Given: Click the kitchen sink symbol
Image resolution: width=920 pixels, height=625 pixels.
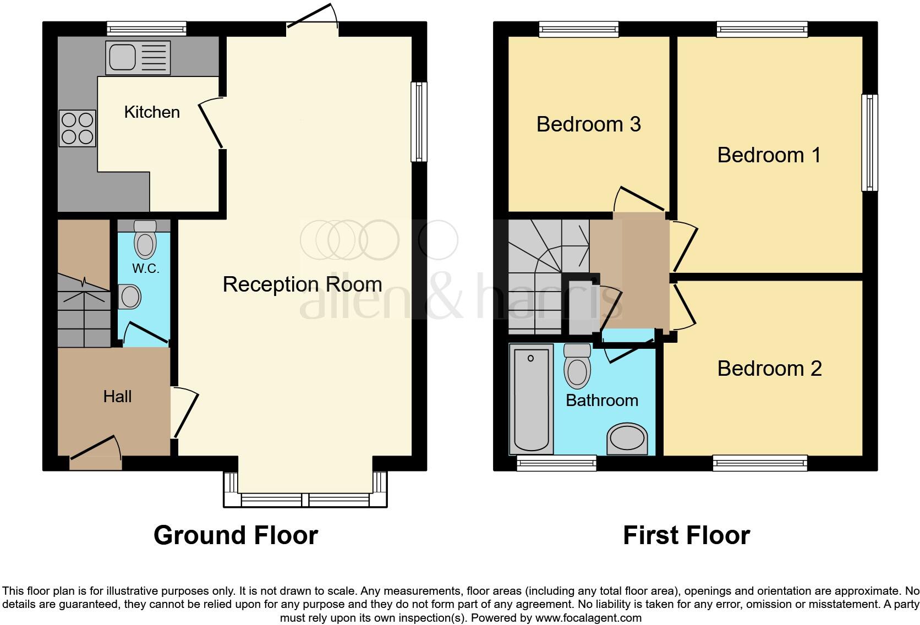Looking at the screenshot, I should click(x=139, y=58).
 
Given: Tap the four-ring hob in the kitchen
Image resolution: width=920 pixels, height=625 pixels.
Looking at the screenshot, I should click(x=78, y=128).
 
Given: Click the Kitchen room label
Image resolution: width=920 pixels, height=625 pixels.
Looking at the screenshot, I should click(x=152, y=112).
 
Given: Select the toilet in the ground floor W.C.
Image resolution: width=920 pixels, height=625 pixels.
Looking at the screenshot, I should click(x=145, y=240).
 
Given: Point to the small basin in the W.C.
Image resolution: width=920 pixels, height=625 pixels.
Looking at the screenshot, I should click(x=130, y=297).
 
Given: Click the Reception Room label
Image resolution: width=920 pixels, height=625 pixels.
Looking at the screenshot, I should click(x=302, y=284).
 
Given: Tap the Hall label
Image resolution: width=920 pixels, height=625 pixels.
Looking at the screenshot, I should click(x=117, y=397).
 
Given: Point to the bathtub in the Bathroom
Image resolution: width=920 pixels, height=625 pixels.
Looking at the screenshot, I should click(x=531, y=399).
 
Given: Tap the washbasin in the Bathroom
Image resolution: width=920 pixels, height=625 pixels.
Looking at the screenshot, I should click(x=627, y=439).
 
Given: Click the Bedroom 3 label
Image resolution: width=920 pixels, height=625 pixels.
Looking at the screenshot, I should click(x=588, y=124).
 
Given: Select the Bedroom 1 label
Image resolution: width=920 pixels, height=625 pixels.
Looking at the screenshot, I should click(x=769, y=155).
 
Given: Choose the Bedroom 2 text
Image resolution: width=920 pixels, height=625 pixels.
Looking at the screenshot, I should click(x=769, y=369).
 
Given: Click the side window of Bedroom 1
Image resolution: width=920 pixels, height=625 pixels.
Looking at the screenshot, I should click(x=869, y=142).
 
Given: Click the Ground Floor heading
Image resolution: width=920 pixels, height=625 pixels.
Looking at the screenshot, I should click(x=236, y=535).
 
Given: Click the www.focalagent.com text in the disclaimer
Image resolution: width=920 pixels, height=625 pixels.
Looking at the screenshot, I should click(x=588, y=618).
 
